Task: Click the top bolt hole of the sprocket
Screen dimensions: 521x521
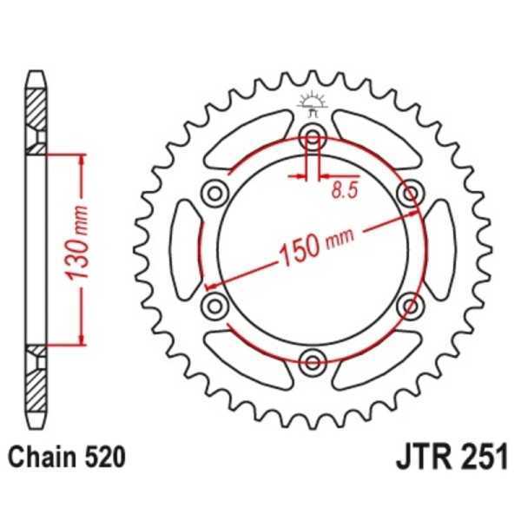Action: pos(312,135)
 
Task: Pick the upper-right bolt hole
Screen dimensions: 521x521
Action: pos(408,191)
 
